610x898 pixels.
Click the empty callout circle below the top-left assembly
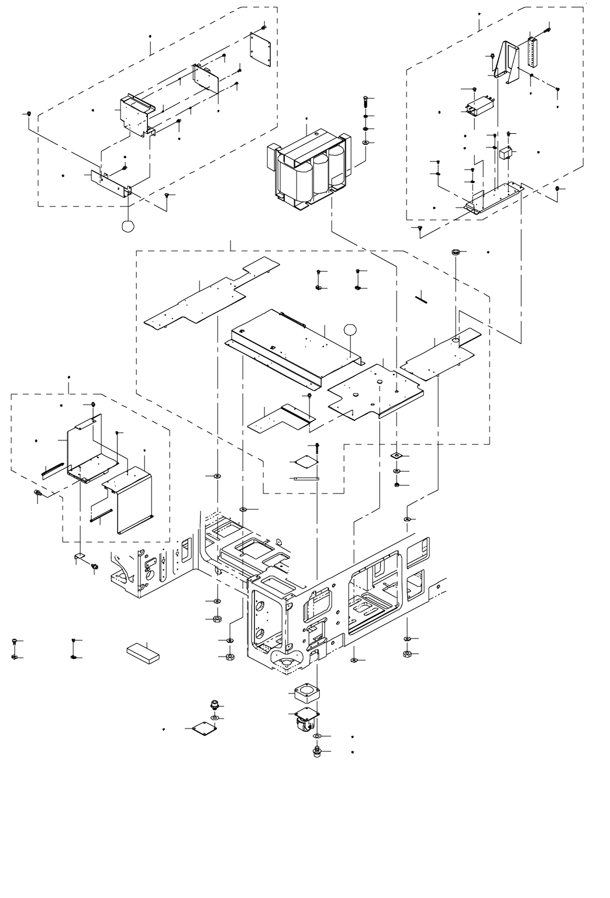point(128,225)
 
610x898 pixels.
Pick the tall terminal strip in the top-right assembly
point(532,55)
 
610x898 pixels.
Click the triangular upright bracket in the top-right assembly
point(506,61)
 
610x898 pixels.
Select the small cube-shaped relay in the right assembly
point(506,153)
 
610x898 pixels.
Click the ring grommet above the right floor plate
point(456,252)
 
